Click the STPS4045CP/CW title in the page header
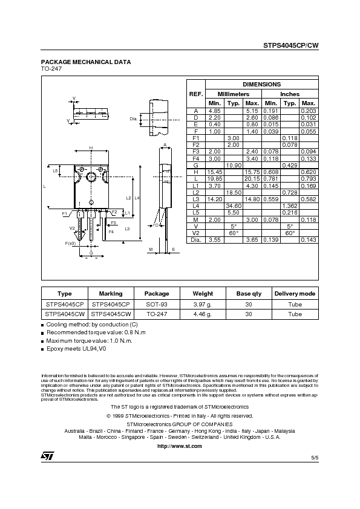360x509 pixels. click(290, 45)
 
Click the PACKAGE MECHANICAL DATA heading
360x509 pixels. click(85, 62)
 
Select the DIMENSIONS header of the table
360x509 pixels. click(261, 85)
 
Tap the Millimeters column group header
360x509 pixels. click(224, 94)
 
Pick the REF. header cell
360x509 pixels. click(196, 94)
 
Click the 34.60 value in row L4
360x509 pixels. click(233, 206)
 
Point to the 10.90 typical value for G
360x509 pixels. click(233, 165)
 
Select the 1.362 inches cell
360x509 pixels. click(289, 206)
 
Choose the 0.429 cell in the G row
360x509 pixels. click(289, 165)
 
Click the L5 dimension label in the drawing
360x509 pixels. click(55, 171)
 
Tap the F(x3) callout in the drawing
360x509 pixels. click(70, 243)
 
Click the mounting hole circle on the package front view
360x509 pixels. click(91, 177)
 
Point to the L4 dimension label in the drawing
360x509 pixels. click(137, 198)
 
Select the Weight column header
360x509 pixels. click(202, 293)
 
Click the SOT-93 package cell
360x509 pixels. click(157, 304)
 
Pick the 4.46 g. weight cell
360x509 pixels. click(202, 314)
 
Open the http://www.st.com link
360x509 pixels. click(179, 445)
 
